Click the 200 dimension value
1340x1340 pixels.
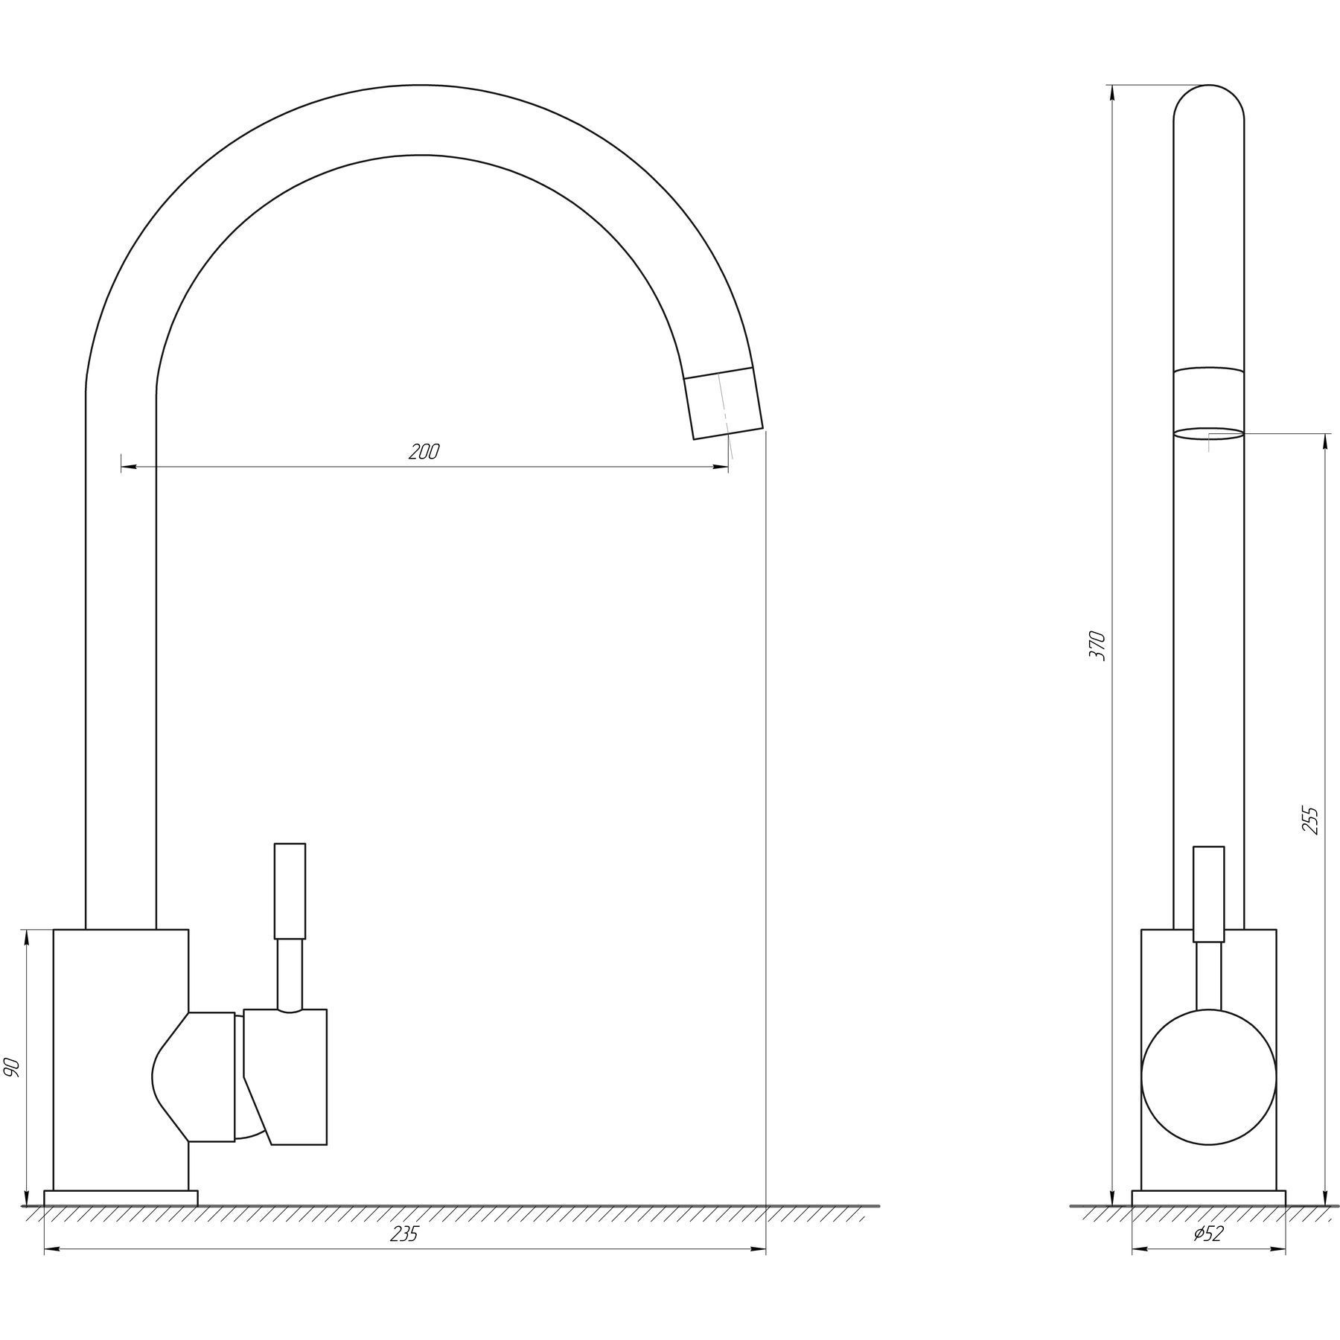point(424,452)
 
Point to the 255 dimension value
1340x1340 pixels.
point(1311,820)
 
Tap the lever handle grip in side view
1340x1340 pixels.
point(290,890)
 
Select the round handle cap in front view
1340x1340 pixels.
point(1208,1076)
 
